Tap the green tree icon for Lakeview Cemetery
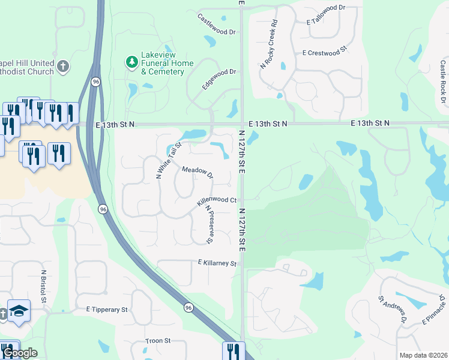point(131,62)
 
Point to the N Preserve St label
point(209,224)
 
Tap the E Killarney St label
point(217,263)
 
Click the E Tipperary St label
point(107,310)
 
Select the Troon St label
point(158,341)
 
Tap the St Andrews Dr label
point(393,310)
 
